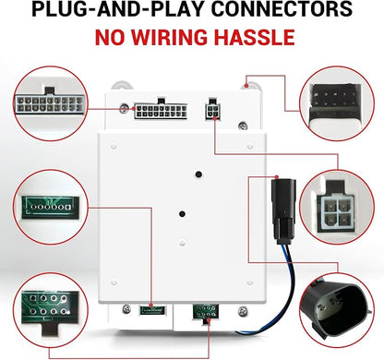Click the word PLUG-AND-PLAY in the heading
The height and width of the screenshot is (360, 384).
[x=119, y=8]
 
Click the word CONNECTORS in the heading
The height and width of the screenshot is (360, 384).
[x=282, y=8]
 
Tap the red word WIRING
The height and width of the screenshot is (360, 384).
[x=170, y=37]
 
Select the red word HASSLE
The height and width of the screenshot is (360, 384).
[x=255, y=37]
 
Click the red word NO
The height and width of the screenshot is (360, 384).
[x=110, y=37]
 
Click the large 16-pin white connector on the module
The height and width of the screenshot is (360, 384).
[x=161, y=110]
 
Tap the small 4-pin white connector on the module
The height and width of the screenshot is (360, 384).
[x=212, y=111]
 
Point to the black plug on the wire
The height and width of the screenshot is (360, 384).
[x=283, y=211]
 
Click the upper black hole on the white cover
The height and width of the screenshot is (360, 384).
[x=198, y=174]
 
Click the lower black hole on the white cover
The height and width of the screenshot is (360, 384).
[x=182, y=213]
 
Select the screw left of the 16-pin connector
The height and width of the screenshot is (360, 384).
[x=125, y=108]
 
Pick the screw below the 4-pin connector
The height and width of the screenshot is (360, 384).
[x=243, y=126]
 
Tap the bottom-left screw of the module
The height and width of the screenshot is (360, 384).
[x=126, y=309]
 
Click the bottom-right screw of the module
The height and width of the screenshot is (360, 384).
[x=243, y=311]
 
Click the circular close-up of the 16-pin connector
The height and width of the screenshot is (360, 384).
[x=51, y=103]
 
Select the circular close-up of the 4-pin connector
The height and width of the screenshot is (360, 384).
[x=337, y=207]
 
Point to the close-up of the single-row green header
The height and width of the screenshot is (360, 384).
[x=51, y=207]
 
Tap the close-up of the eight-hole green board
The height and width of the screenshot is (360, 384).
[x=51, y=310]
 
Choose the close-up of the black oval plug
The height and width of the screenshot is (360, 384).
[x=337, y=310]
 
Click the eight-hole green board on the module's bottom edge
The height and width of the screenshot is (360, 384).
[x=206, y=312]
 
